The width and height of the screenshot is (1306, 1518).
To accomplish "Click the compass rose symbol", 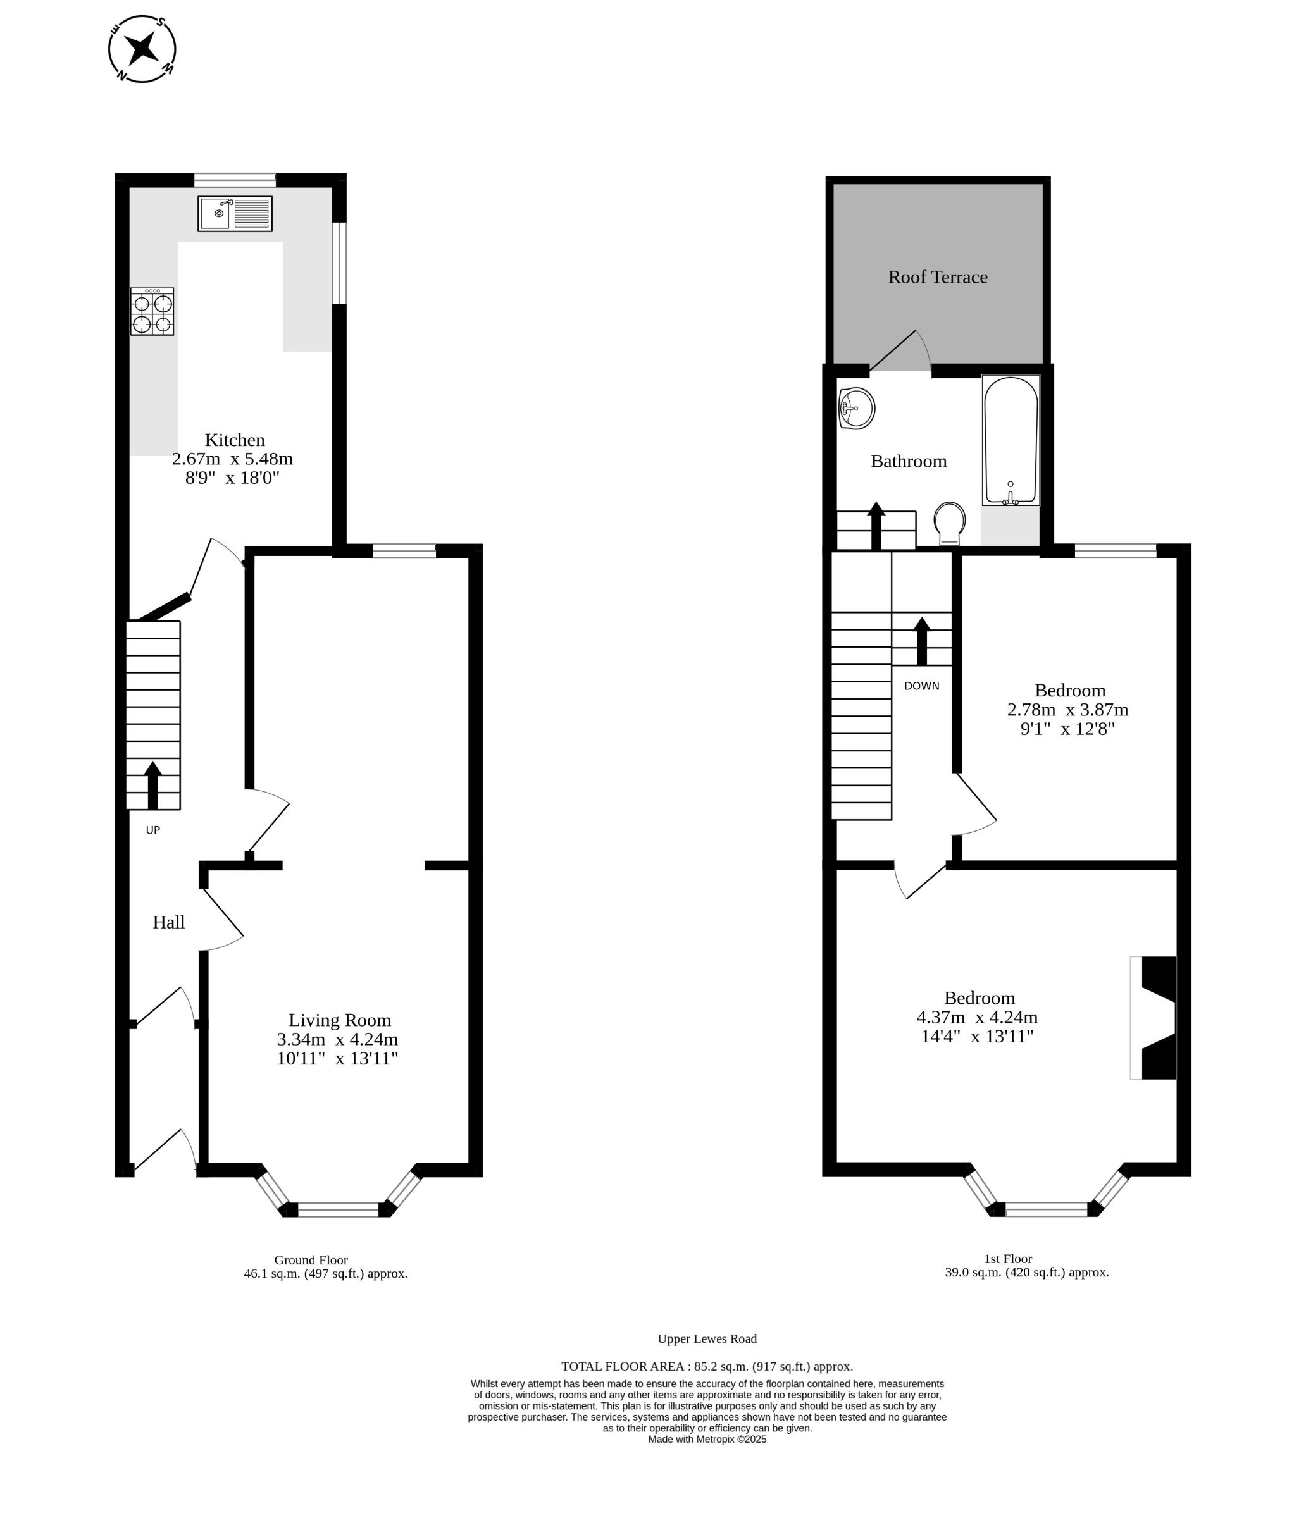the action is point(142,48).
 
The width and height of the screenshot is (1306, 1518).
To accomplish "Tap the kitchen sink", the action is point(235,213).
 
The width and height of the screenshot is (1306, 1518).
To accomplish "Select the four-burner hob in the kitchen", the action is point(152,311).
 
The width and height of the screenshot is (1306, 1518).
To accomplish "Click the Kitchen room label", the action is point(235,440).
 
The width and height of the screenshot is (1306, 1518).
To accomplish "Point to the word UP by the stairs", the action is point(152,830).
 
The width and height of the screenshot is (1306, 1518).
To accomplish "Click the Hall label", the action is point(168,922).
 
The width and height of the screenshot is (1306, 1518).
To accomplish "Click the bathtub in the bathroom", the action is point(1011,440).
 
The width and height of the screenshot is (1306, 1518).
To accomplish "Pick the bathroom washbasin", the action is point(857,408).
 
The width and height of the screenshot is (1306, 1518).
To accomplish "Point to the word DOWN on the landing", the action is point(921,686).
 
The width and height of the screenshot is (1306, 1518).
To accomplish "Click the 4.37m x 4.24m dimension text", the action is point(977,1018).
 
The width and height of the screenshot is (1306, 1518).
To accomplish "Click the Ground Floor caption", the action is point(311,1260).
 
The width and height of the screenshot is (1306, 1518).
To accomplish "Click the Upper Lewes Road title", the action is point(707,1338).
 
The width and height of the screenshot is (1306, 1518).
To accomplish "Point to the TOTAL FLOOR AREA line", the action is point(707,1366).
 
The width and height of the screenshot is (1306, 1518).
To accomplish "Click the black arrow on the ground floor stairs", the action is point(152,786).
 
